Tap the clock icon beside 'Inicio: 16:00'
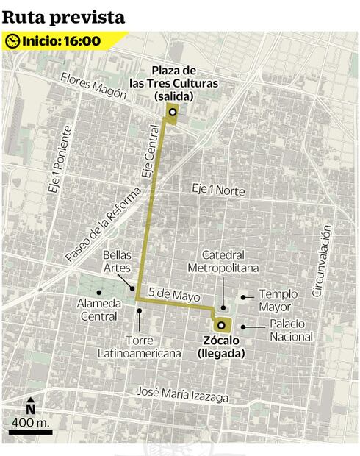pos(12,41)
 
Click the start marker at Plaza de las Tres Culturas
pos(172,113)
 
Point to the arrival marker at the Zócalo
pos(220,324)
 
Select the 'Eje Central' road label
pos(149,154)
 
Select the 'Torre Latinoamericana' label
pos(140,347)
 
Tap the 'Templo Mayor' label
pos(276,300)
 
